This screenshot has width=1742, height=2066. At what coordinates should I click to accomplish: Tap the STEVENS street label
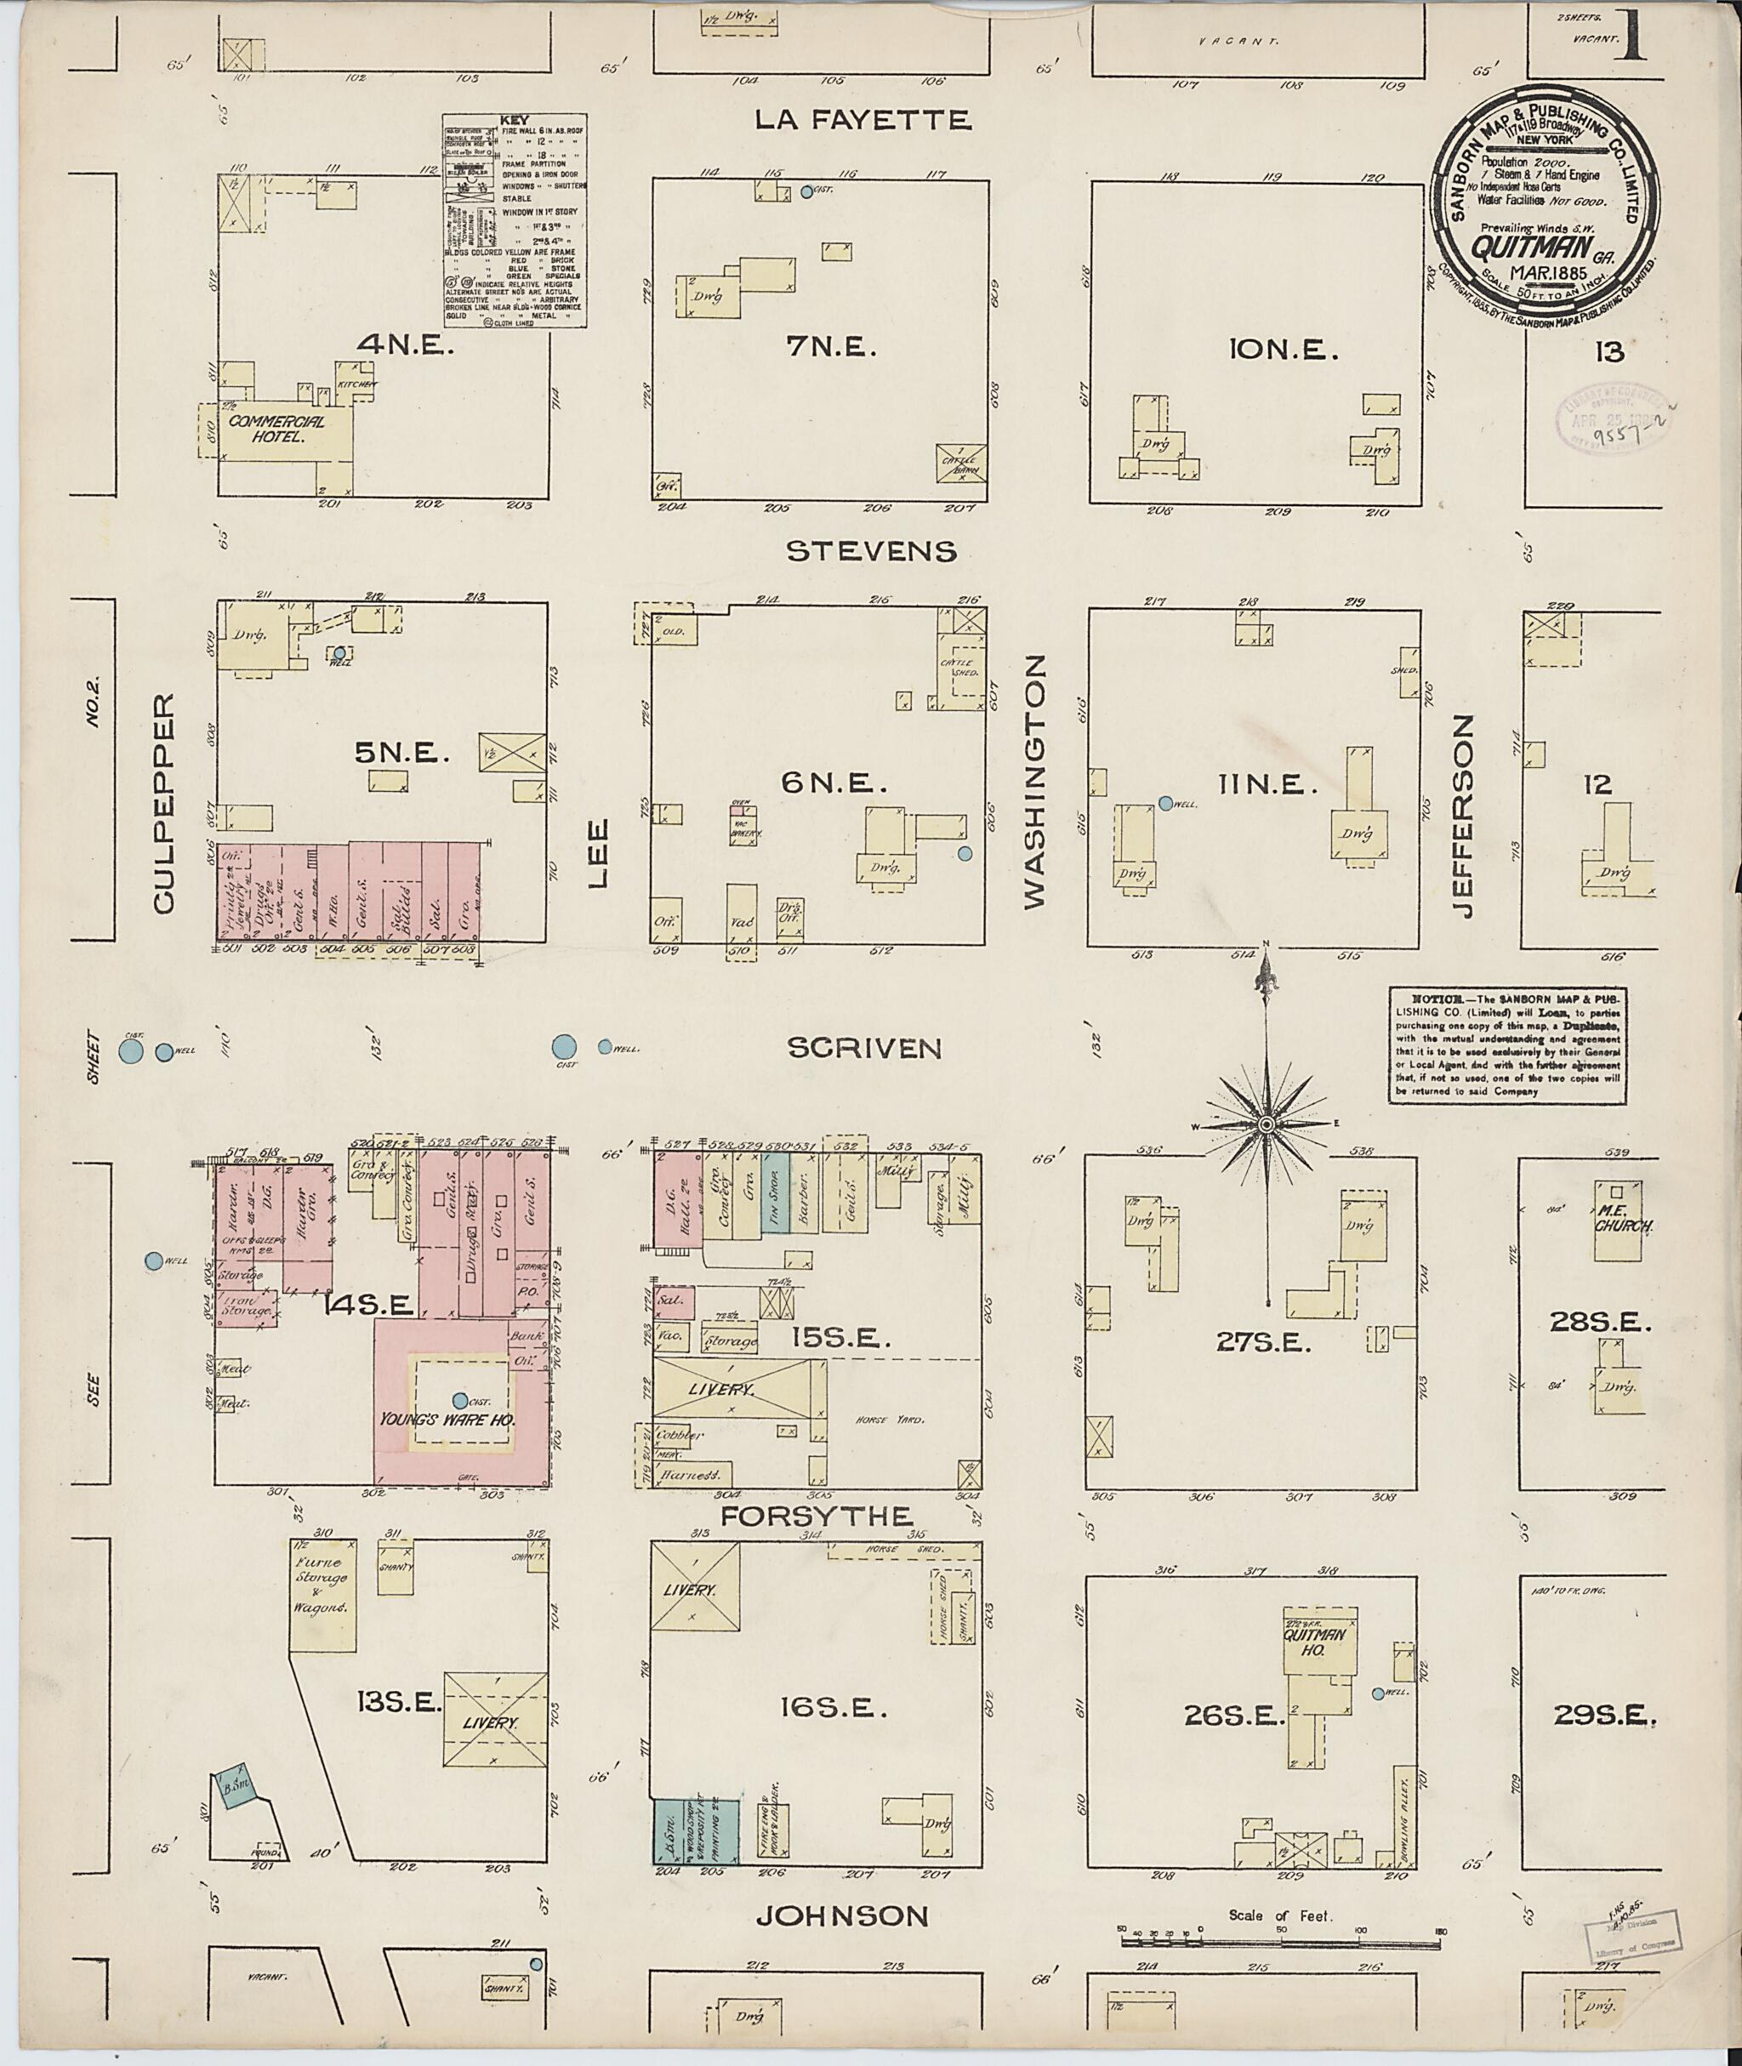pos(871,551)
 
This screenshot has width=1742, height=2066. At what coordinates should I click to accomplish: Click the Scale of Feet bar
pos(1278,1939)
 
